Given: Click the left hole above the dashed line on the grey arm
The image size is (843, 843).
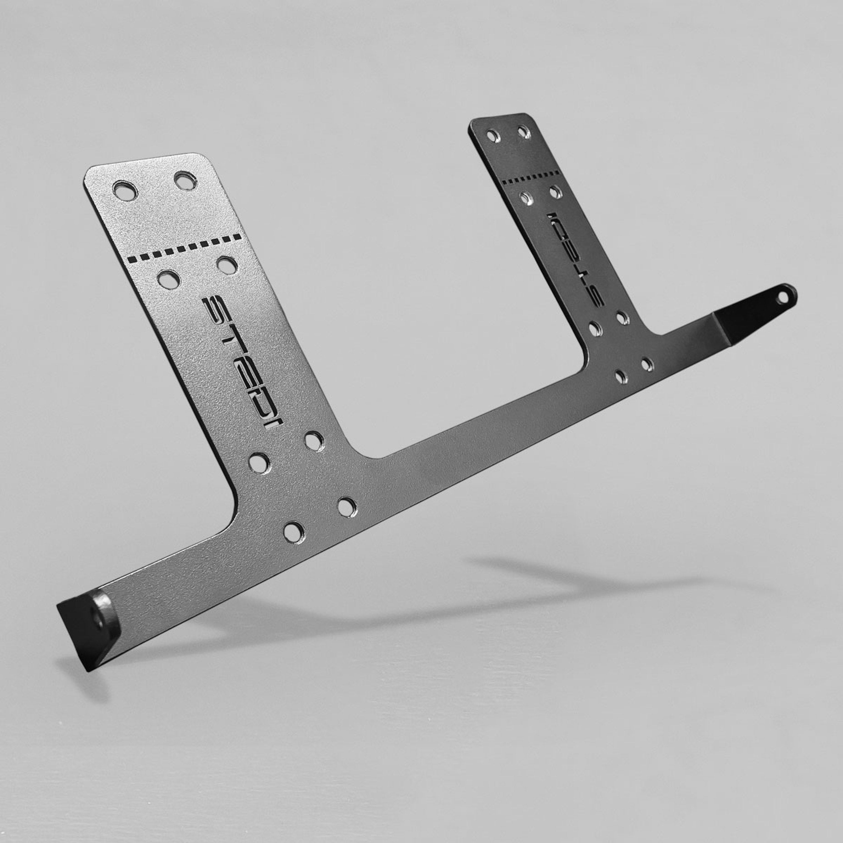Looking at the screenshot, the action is (x=125, y=191).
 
